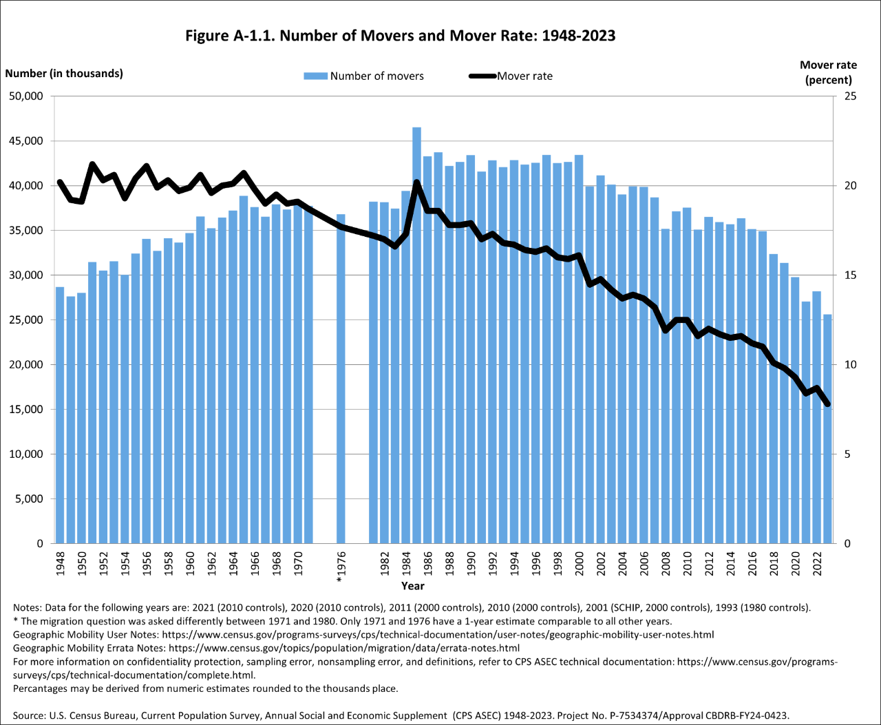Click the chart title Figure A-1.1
400,36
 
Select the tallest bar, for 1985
416,330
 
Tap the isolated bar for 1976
341,379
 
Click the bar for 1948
60,413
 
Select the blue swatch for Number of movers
315,76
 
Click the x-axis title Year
413,586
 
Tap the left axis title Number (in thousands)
64,74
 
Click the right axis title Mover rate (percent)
828,72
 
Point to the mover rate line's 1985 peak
416,183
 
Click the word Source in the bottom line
29,715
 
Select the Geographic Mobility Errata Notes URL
343,648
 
